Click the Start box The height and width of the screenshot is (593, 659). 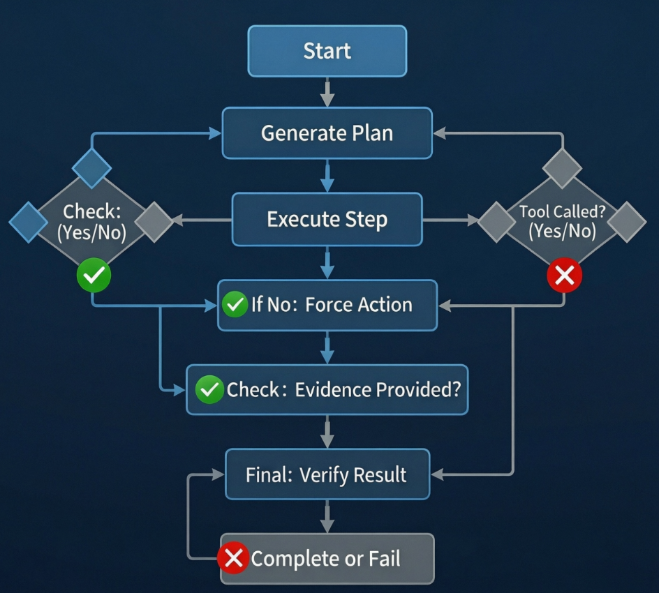tap(327, 51)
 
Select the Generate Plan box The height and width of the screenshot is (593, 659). tap(327, 133)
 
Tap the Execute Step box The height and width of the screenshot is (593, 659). tap(327, 220)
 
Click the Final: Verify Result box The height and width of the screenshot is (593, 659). tap(327, 474)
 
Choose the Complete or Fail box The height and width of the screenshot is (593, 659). tap(327, 559)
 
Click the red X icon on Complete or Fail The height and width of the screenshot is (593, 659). tap(233, 559)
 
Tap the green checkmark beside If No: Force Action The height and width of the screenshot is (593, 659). tap(235, 305)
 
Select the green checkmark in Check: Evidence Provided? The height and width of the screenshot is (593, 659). tap(208, 390)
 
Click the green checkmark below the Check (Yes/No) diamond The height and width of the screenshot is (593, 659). tap(94, 276)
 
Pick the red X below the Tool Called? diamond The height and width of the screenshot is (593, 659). tap(564, 276)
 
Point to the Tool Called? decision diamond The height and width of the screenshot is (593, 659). tap(562, 222)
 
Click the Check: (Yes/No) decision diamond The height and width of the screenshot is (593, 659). tap(94, 222)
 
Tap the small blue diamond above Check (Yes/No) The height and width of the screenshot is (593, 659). tap(92, 168)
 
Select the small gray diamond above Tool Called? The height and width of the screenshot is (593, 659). tap(562, 167)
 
